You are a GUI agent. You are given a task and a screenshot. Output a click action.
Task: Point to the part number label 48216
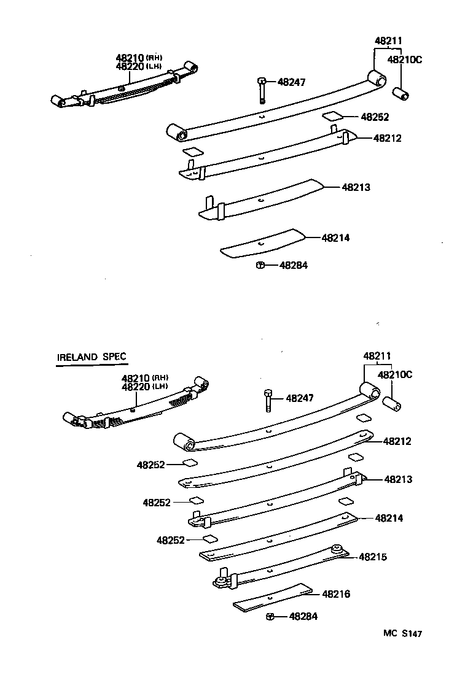point(337,594)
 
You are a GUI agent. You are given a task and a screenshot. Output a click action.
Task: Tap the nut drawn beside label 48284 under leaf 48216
point(270,616)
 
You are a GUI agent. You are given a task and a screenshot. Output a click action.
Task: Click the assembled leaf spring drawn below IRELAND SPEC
point(135,408)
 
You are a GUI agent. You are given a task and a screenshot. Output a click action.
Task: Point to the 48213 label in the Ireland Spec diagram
point(398,479)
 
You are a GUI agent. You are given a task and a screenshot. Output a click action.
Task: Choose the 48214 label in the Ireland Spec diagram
point(389,518)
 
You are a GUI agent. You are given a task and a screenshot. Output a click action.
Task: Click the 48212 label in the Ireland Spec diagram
point(397,441)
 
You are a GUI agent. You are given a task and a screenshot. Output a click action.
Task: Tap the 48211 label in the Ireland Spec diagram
point(377,356)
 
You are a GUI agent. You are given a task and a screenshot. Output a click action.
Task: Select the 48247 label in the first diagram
point(291,82)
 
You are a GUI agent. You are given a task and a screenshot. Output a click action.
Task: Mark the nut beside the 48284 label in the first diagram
point(260,265)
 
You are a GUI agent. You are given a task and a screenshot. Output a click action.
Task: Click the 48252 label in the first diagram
point(375,116)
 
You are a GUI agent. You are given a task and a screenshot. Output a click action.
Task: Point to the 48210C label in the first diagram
point(405,60)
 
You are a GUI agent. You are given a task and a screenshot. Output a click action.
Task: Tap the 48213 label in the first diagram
point(356,187)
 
